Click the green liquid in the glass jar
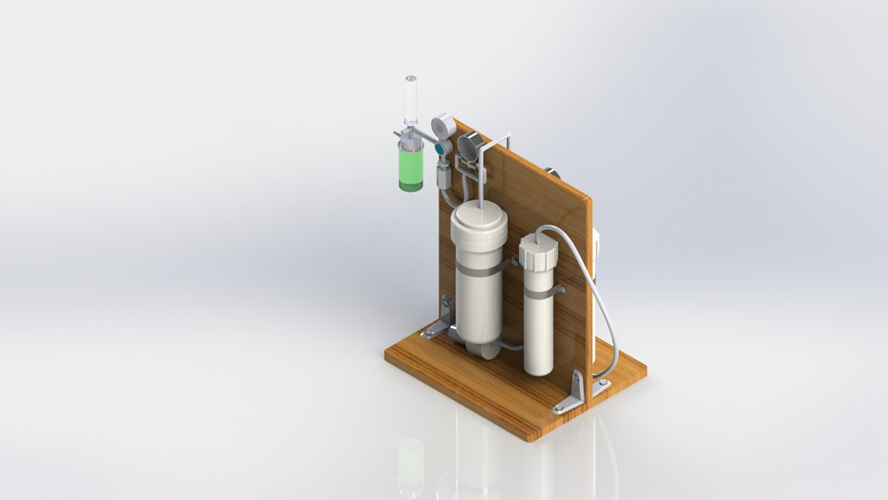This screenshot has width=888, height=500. point(411,167)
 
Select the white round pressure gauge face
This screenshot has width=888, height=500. point(442,126)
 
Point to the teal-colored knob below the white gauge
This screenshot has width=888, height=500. point(441,147)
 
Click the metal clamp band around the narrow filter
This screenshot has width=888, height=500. point(540,295)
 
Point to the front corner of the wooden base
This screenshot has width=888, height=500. point(529,436)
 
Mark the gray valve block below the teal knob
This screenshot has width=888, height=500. point(443,171)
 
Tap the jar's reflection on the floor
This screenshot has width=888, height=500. point(411,463)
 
